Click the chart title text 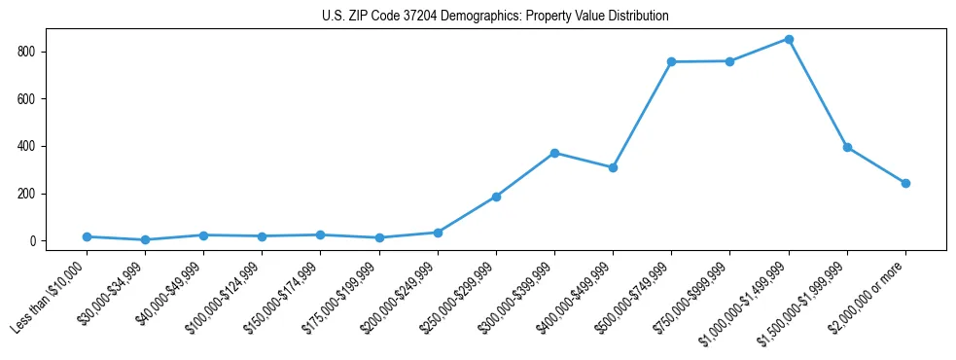coord(495,17)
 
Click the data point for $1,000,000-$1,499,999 coord(789,40)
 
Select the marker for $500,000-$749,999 coord(671,62)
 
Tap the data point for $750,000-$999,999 coord(729,61)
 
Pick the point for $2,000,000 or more coord(905,183)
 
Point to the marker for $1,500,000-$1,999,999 coord(847,147)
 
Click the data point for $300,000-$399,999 coord(554,153)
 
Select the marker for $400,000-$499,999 coord(613,167)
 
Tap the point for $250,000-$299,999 coord(496,197)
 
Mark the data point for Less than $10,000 coord(87,236)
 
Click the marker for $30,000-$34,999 coord(145,239)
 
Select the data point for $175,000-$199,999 coord(379,237)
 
